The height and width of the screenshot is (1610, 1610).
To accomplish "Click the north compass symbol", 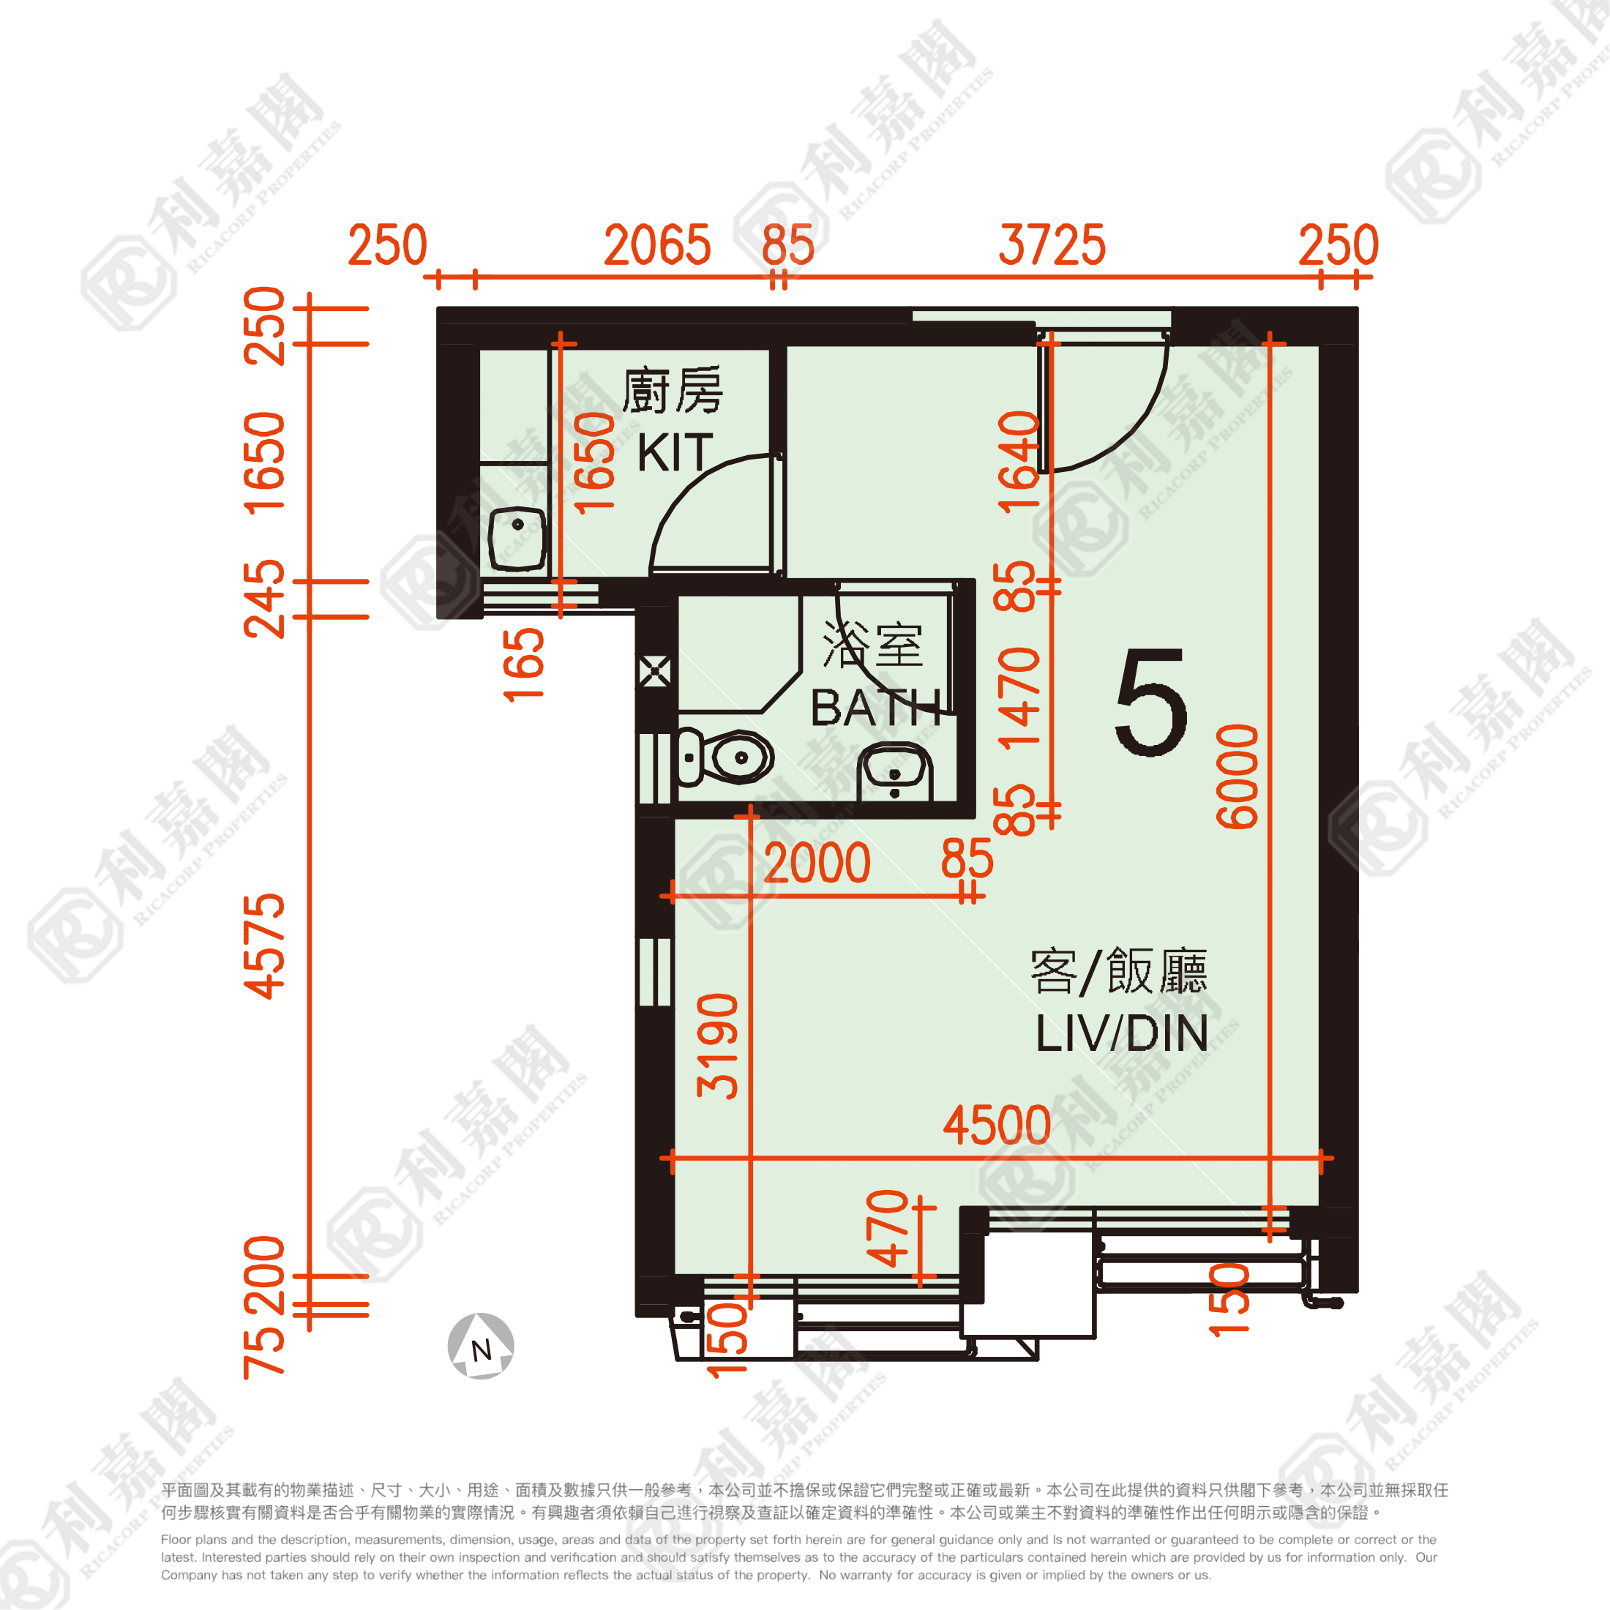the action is point(481,1346).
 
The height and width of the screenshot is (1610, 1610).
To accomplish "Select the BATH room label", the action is point(875,708).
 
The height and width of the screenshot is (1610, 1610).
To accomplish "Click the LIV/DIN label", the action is point(1122,1033).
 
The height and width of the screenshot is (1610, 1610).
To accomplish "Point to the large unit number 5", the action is point(1151,703).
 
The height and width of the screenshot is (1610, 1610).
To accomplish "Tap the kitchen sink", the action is point(517,539).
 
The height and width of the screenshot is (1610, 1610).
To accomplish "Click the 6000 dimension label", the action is point(1238,776).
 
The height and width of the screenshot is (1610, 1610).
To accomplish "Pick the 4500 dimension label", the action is point(997,1125).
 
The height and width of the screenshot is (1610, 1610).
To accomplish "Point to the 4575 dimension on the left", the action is point(264,947).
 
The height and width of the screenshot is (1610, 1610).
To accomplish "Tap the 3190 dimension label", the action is point(717,1046).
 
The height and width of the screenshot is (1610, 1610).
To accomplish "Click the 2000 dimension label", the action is point(817,863).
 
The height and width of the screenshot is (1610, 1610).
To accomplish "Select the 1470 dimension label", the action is point(1019,698).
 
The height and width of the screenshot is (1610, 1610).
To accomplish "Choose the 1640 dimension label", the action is point(1019,461).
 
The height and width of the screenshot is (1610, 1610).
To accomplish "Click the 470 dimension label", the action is point(888,1227).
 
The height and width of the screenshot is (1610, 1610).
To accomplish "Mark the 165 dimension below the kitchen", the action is point(524,665).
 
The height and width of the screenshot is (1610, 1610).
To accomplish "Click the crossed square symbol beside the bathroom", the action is point(655,671).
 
